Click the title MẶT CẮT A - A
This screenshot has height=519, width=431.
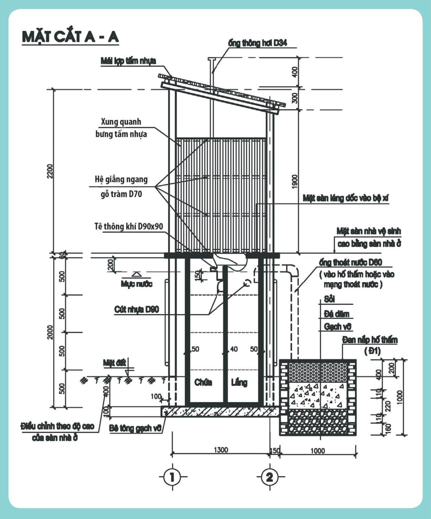point(70,37)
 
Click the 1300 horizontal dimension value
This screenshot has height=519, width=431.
point(221,450)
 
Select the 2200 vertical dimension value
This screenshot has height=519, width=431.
point(50,171)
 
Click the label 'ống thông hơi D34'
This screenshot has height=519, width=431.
point(257,43)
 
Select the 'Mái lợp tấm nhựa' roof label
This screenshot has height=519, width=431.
point(128,61)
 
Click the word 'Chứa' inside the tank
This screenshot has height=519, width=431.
point(203,382)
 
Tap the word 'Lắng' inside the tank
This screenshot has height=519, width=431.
point(239,382)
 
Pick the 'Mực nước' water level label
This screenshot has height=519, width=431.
point(137,284)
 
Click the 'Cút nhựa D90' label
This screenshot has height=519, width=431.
point(137,309)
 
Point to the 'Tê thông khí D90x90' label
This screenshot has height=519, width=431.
point(129,227)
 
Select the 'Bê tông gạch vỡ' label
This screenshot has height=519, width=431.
point(135,428)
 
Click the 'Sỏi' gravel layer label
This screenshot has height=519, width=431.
point(330,299)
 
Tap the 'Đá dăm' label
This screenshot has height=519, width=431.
point(336,314)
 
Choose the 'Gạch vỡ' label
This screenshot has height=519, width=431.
point(337,326)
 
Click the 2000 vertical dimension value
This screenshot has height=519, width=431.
point(50,332)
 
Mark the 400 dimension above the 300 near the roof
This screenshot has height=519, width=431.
point(294,72)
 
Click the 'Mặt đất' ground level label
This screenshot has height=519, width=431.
point(114,363)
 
